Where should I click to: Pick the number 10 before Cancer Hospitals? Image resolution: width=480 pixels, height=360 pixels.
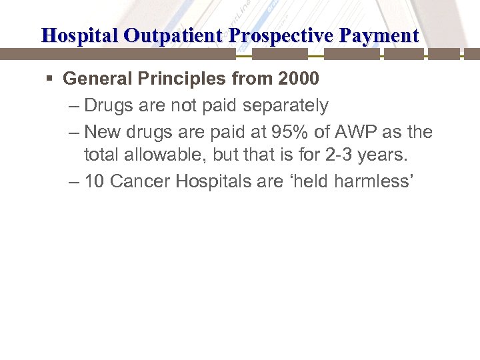pyautogui.click(x=94, y=181)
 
